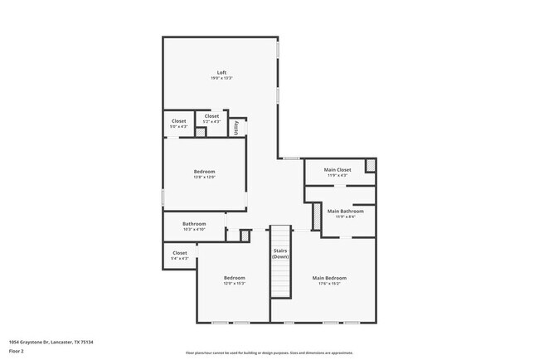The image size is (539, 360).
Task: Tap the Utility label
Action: [236, 128]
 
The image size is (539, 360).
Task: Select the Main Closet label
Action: [337, 170]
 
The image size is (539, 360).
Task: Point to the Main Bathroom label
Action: [346, 212]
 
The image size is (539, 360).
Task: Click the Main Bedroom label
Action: [329, 278]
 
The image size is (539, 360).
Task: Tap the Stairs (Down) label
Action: [280, 253]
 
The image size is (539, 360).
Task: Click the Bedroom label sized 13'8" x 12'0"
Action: [204, 172]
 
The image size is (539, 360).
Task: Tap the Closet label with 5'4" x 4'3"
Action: [180, 253]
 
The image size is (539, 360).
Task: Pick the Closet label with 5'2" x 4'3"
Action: [211, 116]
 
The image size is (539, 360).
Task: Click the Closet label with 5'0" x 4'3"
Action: [179, 121]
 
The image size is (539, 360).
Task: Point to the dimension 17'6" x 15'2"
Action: [329, 284]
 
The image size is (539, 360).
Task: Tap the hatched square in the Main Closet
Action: [370, 166]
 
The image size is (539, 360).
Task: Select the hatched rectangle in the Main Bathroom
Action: [315, 216]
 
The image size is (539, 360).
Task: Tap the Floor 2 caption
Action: [16, 351]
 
